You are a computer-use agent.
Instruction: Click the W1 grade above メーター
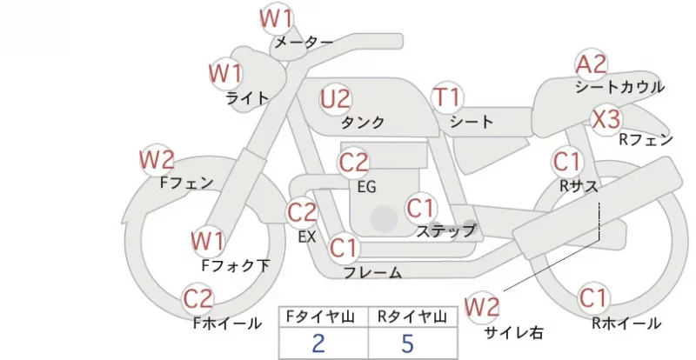[x=276, y=18]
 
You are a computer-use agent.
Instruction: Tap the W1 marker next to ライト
[x=226, y=73]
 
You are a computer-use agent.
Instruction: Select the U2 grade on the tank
[x=336, y=99]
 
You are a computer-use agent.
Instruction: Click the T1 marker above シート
[x=447, y=97]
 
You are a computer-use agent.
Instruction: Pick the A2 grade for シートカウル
[x=591, y=64]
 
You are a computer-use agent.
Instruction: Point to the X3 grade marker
[x=606, y=119]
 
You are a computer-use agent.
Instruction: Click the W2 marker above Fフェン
[x=157, y=160]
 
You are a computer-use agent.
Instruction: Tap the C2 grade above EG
[x=354, y=163]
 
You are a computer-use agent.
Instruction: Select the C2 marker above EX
[x=302, y=212]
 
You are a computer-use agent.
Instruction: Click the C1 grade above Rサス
[x=567, y=161]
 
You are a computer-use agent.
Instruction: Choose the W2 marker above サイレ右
[x=482, y=307]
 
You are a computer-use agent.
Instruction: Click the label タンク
[x=362, y=123]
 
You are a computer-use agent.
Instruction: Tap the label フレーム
[x=373, y=272]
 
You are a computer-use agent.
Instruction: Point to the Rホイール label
[x=626, y=323]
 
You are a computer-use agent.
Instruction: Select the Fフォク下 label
[x=236, y=265]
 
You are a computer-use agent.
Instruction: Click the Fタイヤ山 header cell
[x=324, y=317]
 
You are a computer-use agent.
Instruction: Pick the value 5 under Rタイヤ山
[x=407, y=343]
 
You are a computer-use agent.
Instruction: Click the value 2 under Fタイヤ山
[x=318, y=343]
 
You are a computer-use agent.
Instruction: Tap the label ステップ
[x=445, y=231]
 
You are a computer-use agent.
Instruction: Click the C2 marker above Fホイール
[x=198, y=299]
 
